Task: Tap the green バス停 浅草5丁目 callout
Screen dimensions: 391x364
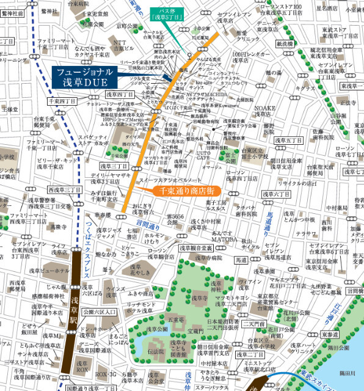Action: click(x=168, y=14)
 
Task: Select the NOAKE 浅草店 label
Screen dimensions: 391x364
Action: click(x=257, y=109)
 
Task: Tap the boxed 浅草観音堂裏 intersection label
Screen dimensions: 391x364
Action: click(x=195, y=249)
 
